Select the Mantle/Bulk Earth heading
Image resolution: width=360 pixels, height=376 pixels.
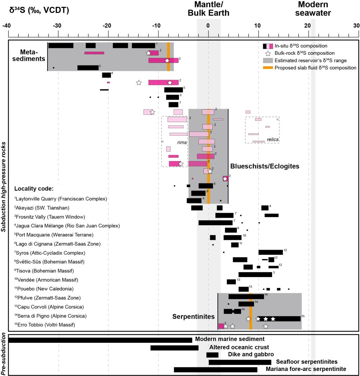point(208,9)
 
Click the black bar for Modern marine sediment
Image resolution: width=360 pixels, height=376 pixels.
point(100,340)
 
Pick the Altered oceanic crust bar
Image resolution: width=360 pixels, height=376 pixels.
point(175,348)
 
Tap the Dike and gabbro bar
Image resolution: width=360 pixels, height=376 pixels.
point(212,355)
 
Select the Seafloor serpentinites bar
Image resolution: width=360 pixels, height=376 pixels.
point(240,362)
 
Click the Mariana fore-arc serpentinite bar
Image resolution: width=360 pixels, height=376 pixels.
point(216,370)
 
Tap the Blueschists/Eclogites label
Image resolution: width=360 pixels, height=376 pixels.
point(265,166)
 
